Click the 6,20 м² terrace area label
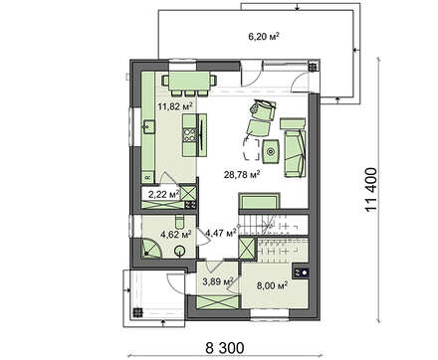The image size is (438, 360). click(x=264, y=36)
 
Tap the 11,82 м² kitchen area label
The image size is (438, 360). click(x=175, y=106)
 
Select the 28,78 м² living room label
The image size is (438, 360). click(x=241, y=174)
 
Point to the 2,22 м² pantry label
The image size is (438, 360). click(x=163, y=195)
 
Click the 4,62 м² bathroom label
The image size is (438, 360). click(x=176, y=235)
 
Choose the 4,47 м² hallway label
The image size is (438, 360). click(x=221, y=233)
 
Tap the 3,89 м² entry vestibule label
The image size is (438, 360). click(x=218, y=281)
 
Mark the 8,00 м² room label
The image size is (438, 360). click(x=272, y=285)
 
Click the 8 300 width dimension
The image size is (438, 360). click(x=225, y=348)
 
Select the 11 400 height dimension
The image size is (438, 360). click(x=371, y=190)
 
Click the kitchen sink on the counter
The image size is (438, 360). click(x=148, y=126)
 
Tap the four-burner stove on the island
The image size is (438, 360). click(x=189, y=134)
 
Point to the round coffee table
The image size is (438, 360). click(x=271, y=152)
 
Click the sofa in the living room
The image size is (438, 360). click(x=295, y=154)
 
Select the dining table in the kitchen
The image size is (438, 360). click(x=189, y=81)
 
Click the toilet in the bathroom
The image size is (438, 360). click(x=179, y=222)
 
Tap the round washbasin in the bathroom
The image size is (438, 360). click(x=180, y=251)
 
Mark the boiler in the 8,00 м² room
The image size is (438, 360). click(x=301, y=272)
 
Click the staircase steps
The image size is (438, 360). click(x=274, y=227)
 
